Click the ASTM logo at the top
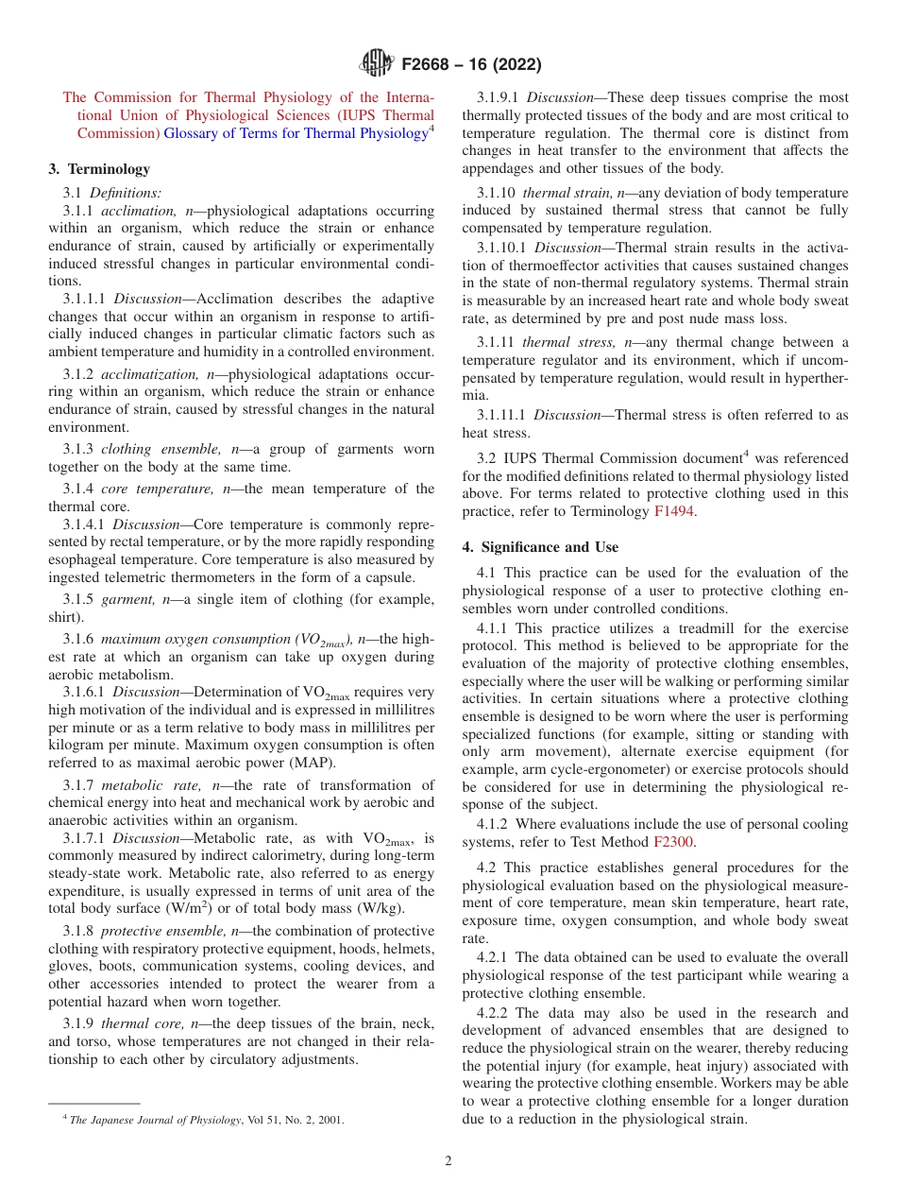click(378, 64)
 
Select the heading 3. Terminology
click(99, 169)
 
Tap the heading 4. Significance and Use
click(540, 547)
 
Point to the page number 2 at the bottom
click(448, 1161)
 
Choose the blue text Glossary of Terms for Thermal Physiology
click(296, 133)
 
